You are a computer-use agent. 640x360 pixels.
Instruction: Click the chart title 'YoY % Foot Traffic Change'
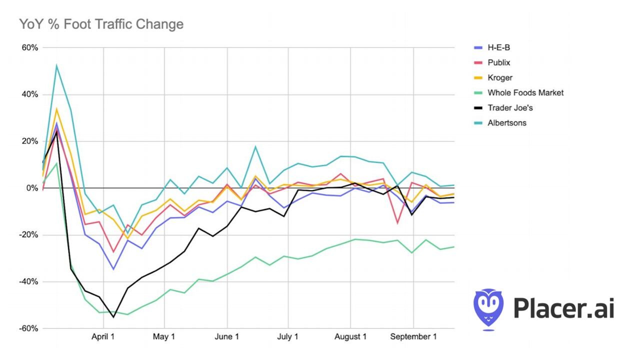[101, 24]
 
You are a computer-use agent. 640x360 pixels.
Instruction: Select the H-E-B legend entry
[499, 47]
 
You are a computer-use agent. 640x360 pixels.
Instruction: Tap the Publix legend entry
[499, 62]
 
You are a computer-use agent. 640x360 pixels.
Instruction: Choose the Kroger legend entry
[500, 77]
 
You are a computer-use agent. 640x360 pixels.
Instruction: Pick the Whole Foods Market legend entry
[525, 92]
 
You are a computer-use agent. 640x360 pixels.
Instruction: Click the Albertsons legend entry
[506, 122]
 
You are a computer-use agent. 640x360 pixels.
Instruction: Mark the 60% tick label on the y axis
[29, 48]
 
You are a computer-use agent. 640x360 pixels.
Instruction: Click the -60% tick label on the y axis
[28, 328]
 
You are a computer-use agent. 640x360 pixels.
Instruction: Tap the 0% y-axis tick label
[32, 188]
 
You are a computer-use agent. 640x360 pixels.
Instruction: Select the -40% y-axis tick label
[28, 281]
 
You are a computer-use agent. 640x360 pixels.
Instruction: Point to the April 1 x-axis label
[103, 336]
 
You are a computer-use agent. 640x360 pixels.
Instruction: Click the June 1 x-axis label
[227, 336]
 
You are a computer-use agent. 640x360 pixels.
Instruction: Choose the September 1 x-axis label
[413, 336]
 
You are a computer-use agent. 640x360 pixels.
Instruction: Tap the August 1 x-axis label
[350, 336]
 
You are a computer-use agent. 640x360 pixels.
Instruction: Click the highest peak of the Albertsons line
[56, 65]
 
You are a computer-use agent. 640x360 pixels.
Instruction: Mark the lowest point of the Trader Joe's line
[113, 317]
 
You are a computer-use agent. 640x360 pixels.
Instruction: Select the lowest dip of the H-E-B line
[113, 269]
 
